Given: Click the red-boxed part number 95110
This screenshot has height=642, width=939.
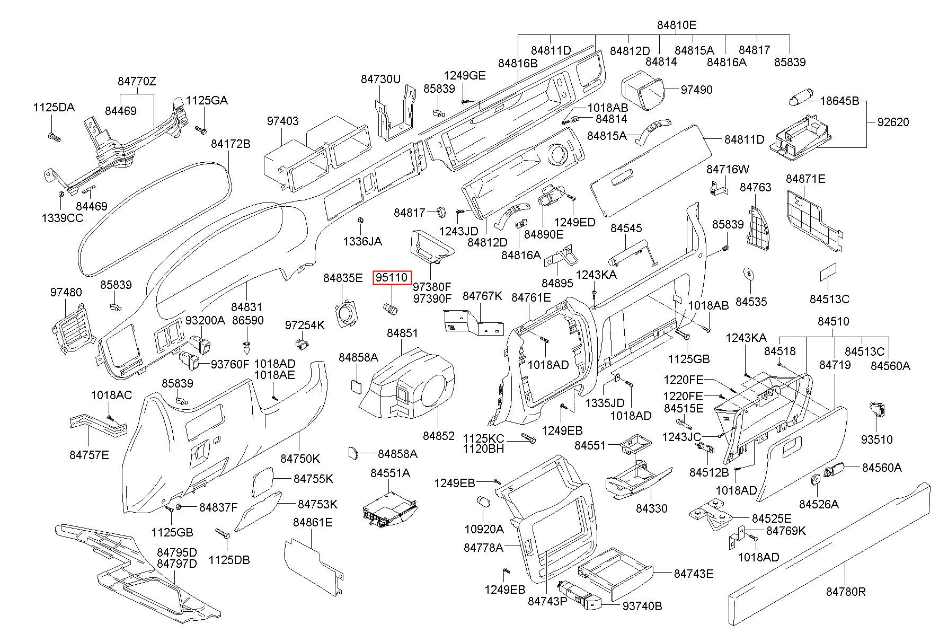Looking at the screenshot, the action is (392, 277).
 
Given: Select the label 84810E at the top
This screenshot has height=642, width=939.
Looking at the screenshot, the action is (677, 24).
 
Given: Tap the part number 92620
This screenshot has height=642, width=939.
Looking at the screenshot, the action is (893, 122).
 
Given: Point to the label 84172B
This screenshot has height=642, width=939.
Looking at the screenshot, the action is (231, 144).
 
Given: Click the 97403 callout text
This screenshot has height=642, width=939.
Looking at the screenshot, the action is (282, 121).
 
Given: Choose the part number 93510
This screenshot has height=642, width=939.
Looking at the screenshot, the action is (876, 439).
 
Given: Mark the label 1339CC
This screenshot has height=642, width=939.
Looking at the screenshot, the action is (63, 217).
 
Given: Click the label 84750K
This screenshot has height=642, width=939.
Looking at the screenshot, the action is (300, 459).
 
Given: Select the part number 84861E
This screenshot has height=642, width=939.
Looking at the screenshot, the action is (313, 522).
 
